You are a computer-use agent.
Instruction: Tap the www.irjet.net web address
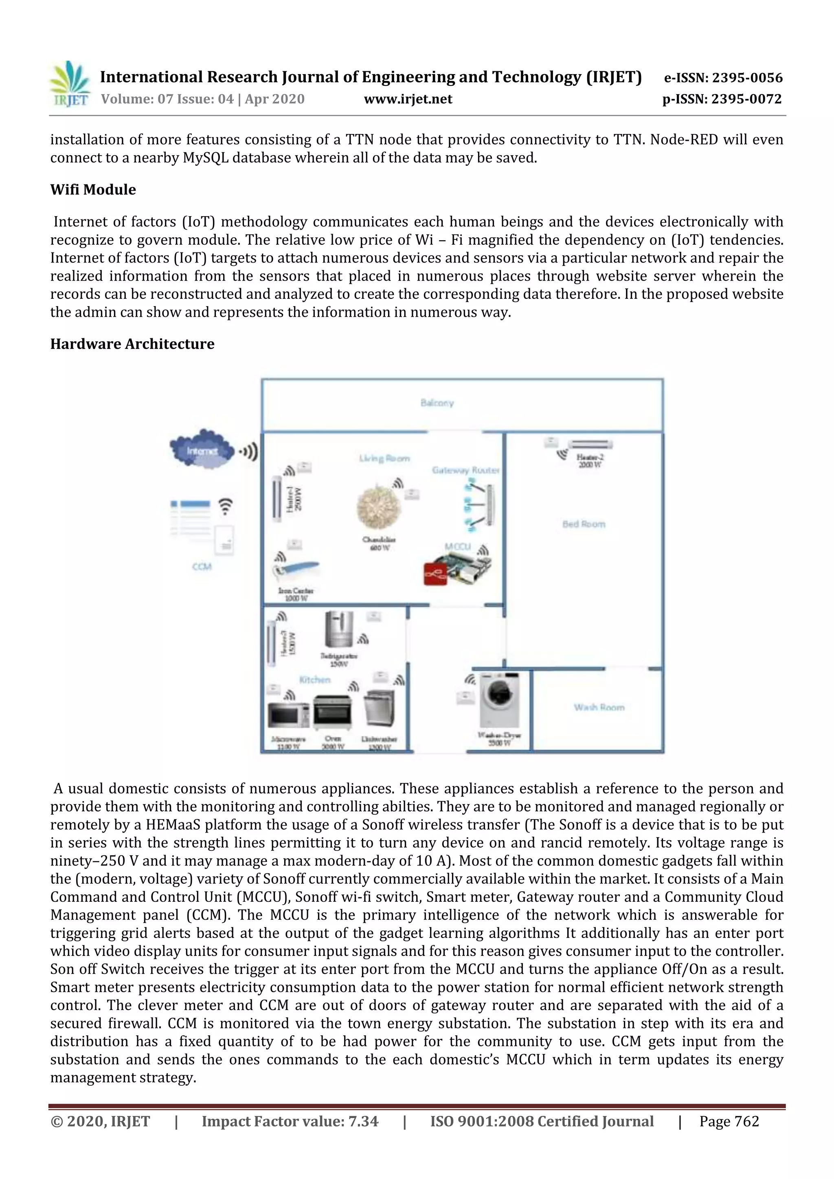click(x=408, y=99)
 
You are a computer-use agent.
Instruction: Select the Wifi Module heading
click(x=93, y=189)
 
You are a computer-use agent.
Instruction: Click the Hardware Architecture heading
click(x=132, y=344)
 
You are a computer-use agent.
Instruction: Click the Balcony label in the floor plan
click(x=437, y=403)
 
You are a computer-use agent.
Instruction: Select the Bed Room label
click(x=584, y=524)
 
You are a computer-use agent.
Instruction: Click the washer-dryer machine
click(x=499, y=699)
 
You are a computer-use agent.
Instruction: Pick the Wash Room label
click(x=599, y=707)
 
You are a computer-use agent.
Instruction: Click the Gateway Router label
click(x=465, y=470)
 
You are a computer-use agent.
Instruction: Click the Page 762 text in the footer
click(x=729, y=1122)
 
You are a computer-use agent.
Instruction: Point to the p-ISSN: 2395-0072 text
click(x=722, y=99)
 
